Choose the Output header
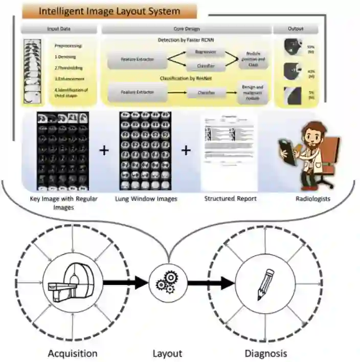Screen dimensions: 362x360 [296, 30]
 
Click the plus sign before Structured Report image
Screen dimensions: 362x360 [186, 150]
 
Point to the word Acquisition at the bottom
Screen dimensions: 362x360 [72, 353]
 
